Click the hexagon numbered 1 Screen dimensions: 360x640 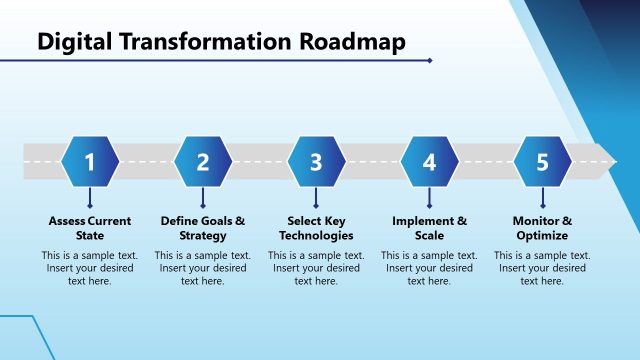90,162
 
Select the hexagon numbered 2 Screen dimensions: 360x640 203,162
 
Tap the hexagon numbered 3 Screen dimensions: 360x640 316,162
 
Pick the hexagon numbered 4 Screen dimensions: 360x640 429,162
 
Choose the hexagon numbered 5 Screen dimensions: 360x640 542,162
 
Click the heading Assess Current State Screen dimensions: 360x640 90,228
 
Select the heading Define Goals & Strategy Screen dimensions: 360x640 203,228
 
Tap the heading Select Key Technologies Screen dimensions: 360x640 316,228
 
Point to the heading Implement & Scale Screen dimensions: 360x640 429,228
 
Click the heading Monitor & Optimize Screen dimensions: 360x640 542,228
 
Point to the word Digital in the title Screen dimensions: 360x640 75,42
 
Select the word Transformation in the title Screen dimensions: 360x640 205,42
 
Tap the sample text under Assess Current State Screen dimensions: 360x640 90,268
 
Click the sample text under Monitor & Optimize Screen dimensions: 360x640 542,268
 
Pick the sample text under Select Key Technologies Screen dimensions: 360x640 316,268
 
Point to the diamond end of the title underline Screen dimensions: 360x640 430,60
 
